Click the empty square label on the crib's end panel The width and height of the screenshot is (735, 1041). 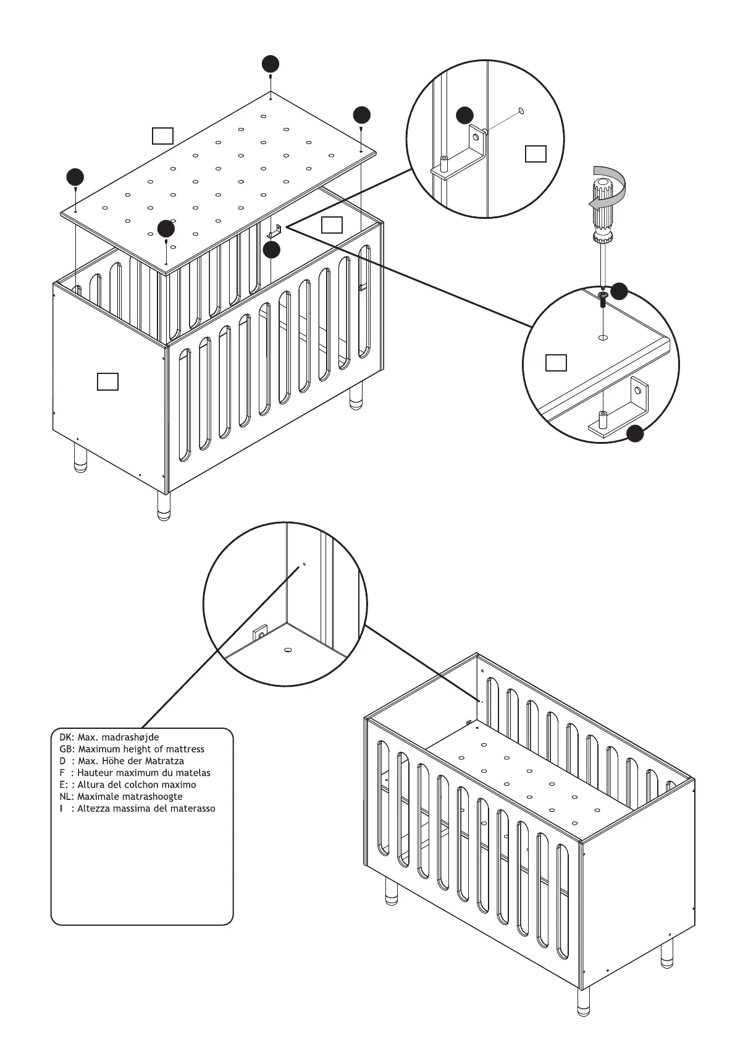107,381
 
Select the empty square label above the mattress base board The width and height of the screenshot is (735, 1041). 162,135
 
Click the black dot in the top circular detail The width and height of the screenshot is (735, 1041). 464,115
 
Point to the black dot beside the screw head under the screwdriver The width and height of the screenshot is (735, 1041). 619,292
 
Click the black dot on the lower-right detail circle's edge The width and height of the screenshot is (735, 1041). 635,434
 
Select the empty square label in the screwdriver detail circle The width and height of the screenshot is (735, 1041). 556,363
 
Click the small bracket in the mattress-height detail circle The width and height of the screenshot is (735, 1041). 261,634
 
